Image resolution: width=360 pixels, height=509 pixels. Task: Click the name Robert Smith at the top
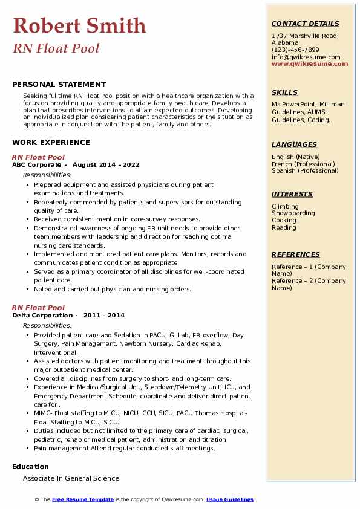(x=79, y=25)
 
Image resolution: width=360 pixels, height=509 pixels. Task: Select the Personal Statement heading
(x=59, y=85)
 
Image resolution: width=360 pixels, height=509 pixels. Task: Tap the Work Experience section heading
(x=51, y=143)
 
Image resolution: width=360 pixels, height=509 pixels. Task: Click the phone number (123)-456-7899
(x=295, y=50)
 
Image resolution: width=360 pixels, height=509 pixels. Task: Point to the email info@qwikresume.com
(x=306, y=57)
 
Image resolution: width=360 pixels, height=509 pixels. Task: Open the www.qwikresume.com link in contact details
(x=306, y=63)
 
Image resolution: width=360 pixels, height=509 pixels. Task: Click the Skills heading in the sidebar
(x=284, y=92)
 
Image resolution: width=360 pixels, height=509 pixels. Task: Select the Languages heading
(x=294, y=144)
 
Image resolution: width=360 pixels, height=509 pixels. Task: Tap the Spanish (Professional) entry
(x=304, y=170)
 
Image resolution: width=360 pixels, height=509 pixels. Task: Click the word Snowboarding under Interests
(x=293, y=213)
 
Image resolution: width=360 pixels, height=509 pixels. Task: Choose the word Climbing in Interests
(x=285, y=206)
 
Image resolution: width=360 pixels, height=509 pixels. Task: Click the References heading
(x=296, y=254)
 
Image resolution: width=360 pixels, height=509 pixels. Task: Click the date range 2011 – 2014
(x=104, y=315)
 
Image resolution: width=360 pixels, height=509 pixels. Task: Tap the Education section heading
(x=30, y=467)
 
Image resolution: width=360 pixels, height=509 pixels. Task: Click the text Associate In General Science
(x=71, y=478)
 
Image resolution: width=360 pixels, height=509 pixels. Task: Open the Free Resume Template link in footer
(x=83, y=499)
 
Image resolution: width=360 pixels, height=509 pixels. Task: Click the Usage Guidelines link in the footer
(x=230, y=499)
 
